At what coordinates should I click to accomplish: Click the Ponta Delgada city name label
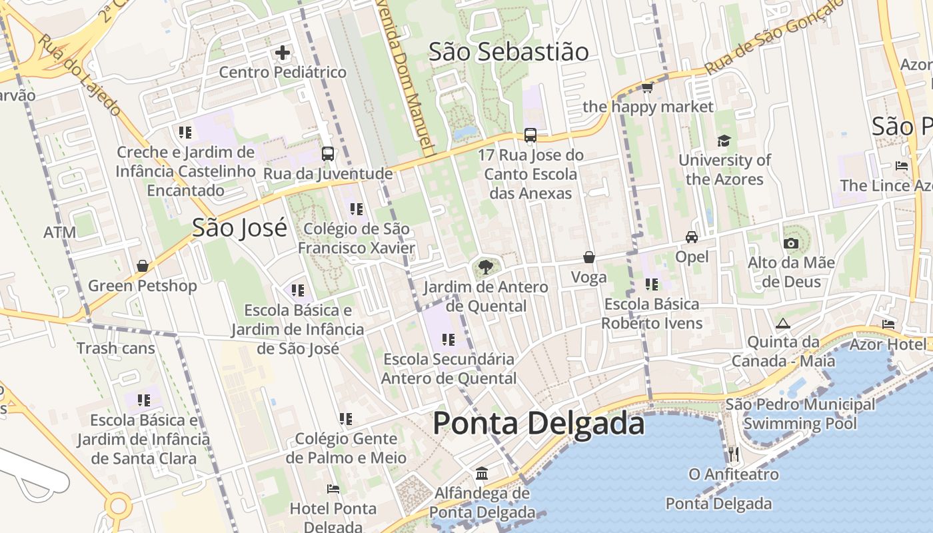tap(538, 424)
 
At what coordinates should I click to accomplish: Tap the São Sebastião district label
tap(508, 52)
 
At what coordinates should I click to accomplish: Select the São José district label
tap(239, 228)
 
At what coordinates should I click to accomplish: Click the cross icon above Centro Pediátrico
tap(283, 52)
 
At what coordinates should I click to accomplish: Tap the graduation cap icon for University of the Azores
tap(724, 141)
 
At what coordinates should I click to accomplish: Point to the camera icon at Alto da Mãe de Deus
tap(791, 243)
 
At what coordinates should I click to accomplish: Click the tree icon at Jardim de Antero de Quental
tap(486, 267)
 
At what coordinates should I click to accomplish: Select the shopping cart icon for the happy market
tap(647, 87)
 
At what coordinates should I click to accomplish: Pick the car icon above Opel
tap(692, 237)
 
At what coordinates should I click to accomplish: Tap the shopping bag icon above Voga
tap(589, 257)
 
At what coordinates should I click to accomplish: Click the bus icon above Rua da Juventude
tap(328, 154)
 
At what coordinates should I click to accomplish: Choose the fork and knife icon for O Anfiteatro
tap(733, 454)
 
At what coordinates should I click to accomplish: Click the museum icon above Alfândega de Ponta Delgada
tap(482, 474)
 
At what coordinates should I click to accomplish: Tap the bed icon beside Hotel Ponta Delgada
tap(333, 489)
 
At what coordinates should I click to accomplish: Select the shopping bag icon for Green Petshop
tap(143, 266)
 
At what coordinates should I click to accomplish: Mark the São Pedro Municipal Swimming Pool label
tap(800, 414)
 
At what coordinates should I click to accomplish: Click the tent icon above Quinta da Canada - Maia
tap(783, 324)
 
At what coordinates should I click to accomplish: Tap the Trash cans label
tap(115, 348)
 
